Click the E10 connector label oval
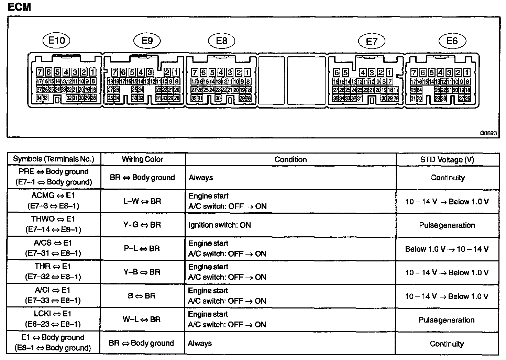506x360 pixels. [x=56, y=41]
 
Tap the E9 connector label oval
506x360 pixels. [x=147, y=41]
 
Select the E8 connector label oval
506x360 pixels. [x=222, y=41]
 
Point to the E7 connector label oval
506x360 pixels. [x=372, y=42]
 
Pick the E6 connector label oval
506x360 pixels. [x=452, y=41]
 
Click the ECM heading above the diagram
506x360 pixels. [x=19, y=7]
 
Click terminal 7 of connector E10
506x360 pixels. [x=40, y=72]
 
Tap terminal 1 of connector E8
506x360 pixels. [x=247, y=72]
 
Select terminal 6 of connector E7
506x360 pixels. [x=337, y=73]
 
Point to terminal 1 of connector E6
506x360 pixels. [x=467, y=72]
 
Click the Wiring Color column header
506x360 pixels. [x=142, y=159]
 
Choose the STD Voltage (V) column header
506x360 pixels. [x=447, y=160]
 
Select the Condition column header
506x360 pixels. [x=290, y=159]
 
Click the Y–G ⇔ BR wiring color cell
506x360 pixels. [x=142, y=225]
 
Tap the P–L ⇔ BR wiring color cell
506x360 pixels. [x=142, y=249]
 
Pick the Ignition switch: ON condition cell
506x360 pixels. [x=220, y=225]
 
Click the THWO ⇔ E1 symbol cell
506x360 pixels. [x=53, y=224]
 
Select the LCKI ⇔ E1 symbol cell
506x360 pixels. [x=53, y=319]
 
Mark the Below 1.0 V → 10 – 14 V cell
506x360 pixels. [x=447, y=249]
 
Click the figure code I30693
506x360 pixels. [x=488, y=133]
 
